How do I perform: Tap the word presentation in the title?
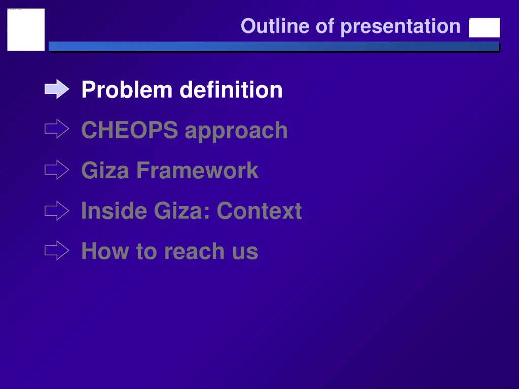pyautogui.click(x=400, y=26)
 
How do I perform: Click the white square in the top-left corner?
pyautogui.click(x=26, y=30)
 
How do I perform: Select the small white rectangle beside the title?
pyautogui.click(x=484, y=28)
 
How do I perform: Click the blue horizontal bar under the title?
pyautogui.click(x=274, y=47)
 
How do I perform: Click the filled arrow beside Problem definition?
pyautogui.click(x=57, y=90)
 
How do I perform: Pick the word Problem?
pyautogui.click(x=127, y=90)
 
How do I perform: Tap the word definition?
pyautogui.click(x=231, y=90)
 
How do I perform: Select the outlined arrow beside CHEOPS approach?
pyautogui.click(x=57, y=130)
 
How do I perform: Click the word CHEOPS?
pyautogui.click(x=130, y=130)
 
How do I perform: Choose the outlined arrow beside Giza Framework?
pyautogui.click(x=57, y=170)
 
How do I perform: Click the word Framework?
pyautogui.click(x=197, y=170)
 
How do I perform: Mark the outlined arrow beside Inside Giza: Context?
pyautogui.click(x=57, y=210)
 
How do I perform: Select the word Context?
pyautogui.click(x=259, y=211)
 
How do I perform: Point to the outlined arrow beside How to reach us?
pyautogui.click(x=57, y=250)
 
